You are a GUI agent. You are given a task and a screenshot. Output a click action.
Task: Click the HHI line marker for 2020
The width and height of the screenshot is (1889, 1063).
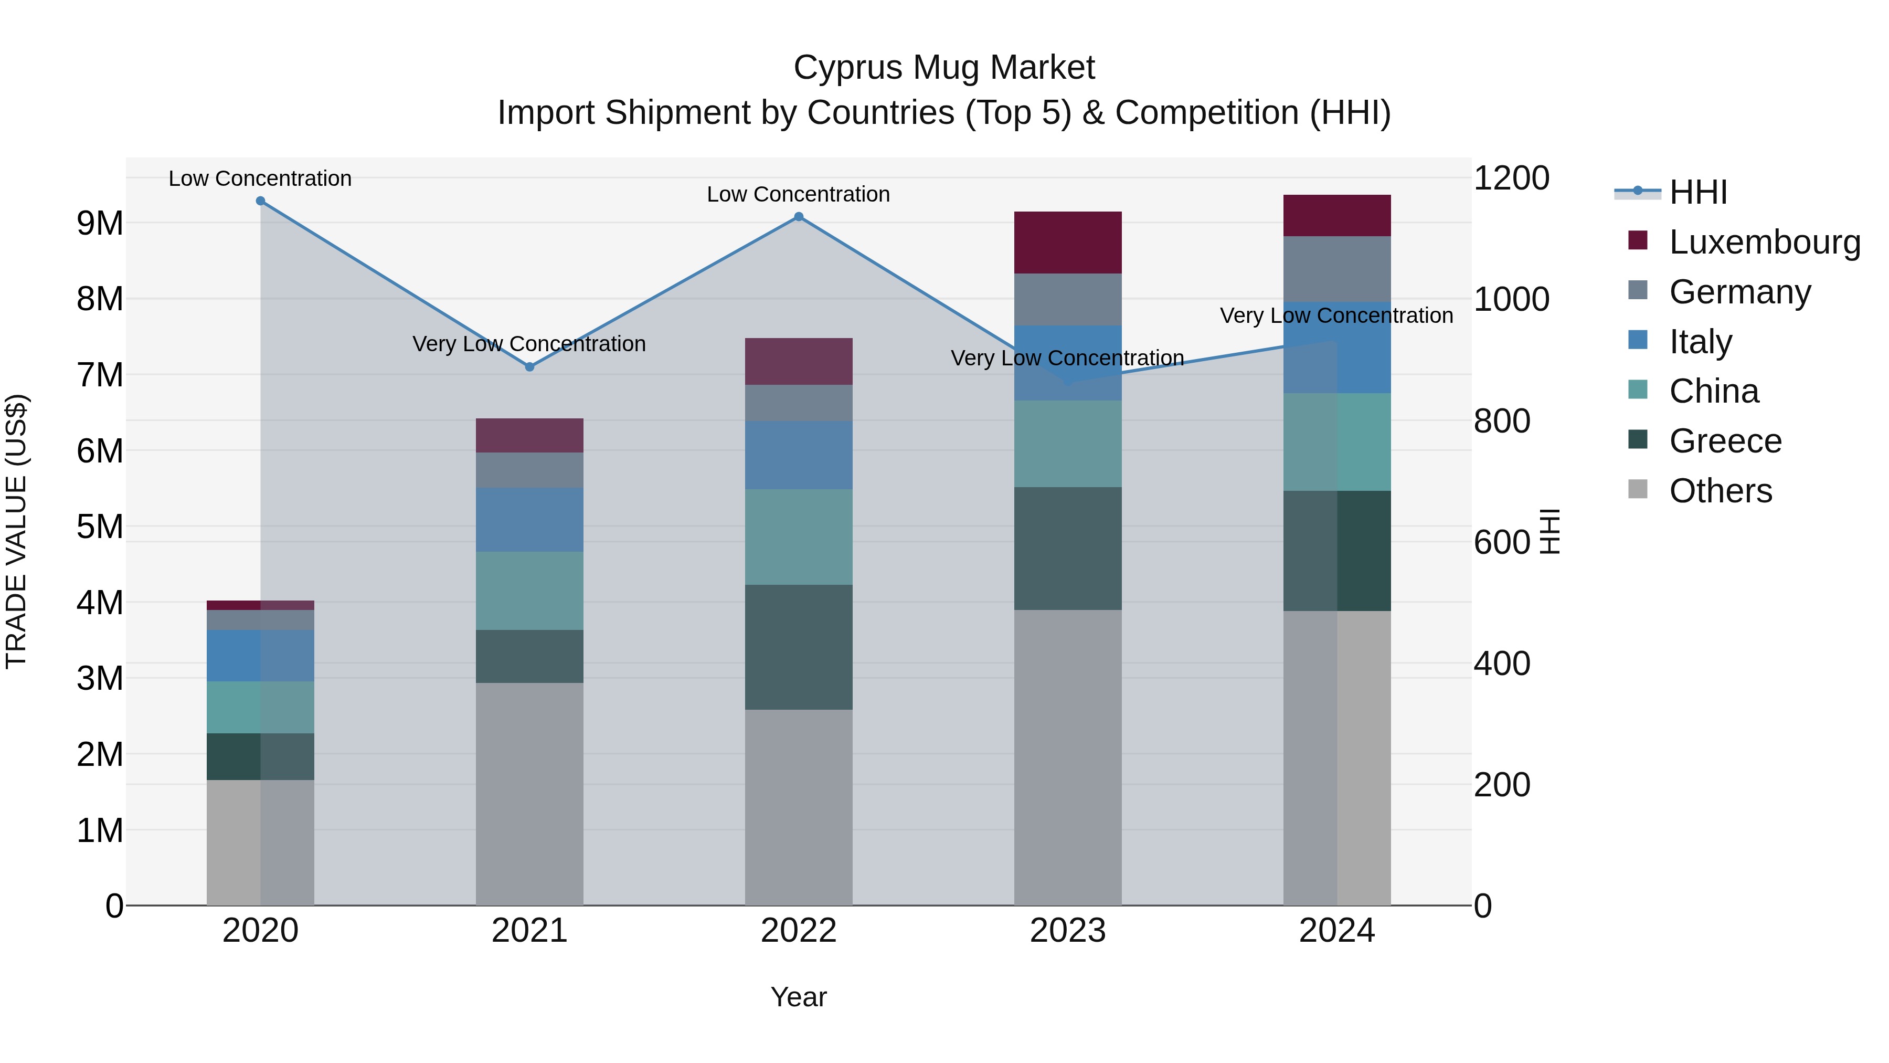pos(260,201)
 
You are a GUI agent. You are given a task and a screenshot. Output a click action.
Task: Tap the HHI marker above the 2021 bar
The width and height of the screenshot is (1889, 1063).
pos(529,367)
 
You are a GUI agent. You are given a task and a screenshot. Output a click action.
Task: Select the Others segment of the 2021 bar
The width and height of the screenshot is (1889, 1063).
pos(529,793)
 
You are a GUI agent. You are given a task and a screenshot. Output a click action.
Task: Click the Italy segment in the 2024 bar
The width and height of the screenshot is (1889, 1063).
pos(1337,347)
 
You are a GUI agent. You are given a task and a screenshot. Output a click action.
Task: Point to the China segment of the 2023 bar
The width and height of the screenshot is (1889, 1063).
pos(1068,443)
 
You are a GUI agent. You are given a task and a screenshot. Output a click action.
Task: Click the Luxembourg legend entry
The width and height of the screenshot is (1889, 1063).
pos(1764,242)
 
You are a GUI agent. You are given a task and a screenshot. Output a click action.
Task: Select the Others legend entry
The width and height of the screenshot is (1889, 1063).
pos(1720,491)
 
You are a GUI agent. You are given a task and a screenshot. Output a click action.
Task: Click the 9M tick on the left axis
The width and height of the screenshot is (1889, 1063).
pos(100,223)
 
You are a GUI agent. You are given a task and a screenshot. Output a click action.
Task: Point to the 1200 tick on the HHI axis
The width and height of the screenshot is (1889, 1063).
pos(1511,178)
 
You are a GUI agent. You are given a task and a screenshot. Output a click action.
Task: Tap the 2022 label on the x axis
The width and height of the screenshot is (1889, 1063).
pos(799,931)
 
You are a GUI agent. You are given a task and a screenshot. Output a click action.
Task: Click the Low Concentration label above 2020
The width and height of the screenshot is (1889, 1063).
pos(260,178)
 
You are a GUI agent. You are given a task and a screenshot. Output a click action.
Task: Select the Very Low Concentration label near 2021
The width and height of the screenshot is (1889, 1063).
pos(529,343)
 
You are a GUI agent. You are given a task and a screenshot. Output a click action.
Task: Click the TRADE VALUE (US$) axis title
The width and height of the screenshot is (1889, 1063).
pos(16,531)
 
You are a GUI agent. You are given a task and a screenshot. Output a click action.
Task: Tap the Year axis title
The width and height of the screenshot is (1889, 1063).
pos(799,997)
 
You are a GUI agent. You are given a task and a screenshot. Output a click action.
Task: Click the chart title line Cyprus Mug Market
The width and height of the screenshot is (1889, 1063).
pos(944,68)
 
